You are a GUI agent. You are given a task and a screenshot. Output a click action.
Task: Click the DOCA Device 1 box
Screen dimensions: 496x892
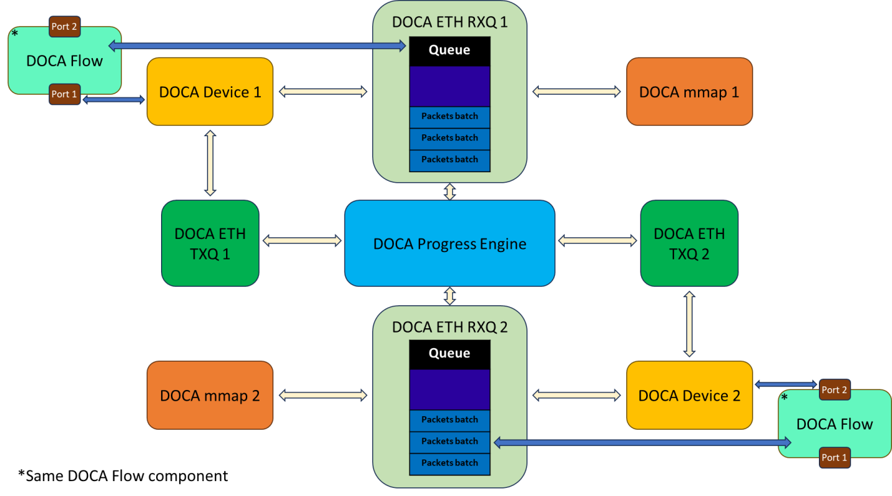[x=209, y=92]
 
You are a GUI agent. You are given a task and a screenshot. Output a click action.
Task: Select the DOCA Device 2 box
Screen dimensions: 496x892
[x=689, y=395]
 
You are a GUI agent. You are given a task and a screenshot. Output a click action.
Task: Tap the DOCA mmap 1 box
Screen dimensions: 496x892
[x=689, y=92]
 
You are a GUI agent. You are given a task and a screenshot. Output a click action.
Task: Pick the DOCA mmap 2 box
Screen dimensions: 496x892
[x=209, y=395]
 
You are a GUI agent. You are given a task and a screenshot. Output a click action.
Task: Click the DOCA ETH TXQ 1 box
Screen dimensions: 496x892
[x=210, y=243]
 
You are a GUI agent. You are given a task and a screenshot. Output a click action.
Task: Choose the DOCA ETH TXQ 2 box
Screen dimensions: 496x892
[x=689, y=243]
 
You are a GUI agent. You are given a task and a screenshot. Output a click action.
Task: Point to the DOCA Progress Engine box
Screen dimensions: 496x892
[x=450, y=243]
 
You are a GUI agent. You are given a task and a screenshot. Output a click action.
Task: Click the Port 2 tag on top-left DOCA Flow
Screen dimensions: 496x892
[x=64, y=27]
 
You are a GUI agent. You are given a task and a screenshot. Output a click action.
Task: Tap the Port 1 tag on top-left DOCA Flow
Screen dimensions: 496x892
[x=64, y=94]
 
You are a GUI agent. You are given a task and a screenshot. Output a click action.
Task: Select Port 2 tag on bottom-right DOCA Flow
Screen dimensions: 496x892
[x=834, y=389]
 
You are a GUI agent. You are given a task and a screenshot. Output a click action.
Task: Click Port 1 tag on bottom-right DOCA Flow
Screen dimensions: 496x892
[x=834, y=458]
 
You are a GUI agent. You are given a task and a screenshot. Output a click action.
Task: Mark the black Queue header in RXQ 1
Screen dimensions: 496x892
[x=450, y=51]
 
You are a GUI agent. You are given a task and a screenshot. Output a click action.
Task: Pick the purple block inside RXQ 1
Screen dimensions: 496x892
[x=450, y=86]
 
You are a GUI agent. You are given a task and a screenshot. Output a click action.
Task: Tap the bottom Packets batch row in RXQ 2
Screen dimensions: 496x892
[x=450, y=463]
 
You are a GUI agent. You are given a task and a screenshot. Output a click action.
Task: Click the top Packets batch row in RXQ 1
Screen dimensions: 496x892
[x=450, y=116]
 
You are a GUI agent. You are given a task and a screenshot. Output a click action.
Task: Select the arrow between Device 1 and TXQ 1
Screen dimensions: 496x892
[x=210, y=163]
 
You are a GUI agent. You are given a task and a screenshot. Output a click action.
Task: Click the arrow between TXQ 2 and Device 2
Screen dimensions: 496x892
[x=689, y=324]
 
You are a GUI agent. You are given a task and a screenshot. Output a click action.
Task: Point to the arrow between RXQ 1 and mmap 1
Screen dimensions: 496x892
[x=576, y=92]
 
